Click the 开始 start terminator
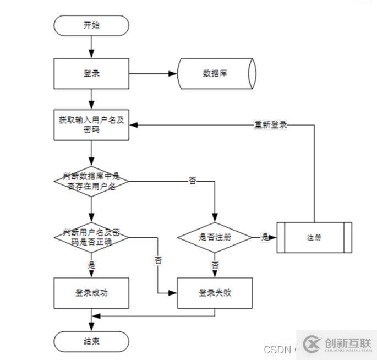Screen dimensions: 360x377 91,25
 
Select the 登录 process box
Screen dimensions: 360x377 91,73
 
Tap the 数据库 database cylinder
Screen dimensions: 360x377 216,73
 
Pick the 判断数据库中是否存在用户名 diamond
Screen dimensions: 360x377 91,181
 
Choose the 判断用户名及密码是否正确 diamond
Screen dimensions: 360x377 91,237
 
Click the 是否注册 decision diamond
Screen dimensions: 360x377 215,237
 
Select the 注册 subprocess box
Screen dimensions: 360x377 314,238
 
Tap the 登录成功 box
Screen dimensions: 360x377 91,293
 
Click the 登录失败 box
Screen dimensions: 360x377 215,293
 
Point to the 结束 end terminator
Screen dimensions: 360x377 91,341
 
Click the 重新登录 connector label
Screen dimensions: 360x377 270,125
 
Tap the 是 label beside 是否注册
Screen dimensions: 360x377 265,237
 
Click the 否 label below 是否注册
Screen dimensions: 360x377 215,265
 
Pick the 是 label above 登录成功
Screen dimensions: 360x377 91,265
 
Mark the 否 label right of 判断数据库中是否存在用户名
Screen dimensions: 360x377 192,181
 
